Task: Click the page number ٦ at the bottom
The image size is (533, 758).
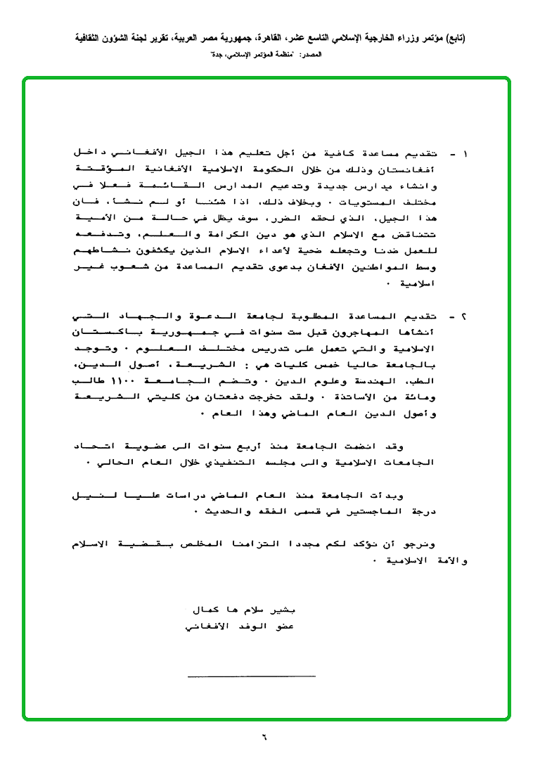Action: click(x=265, y=738)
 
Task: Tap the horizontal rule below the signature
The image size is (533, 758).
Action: click(x=251, y=676)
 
